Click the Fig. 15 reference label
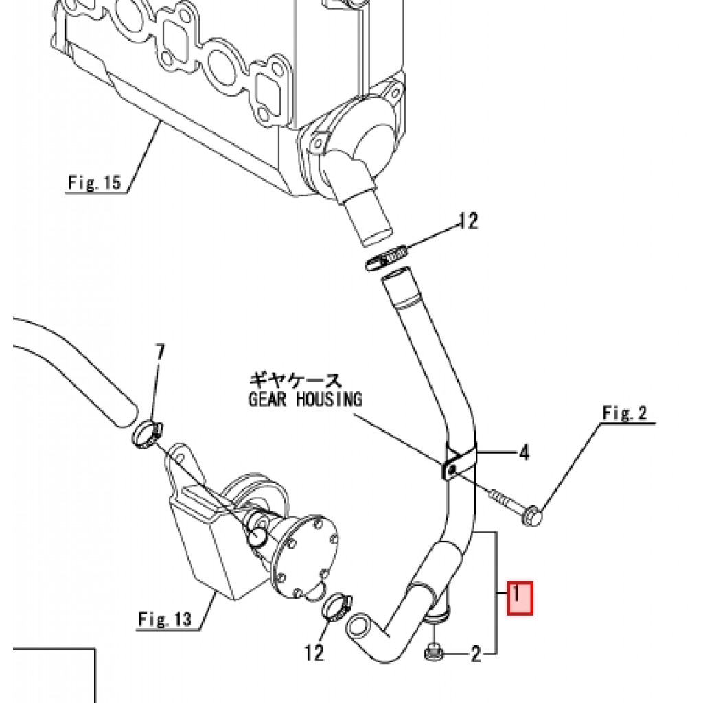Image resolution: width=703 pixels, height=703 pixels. click(x=95, y=183)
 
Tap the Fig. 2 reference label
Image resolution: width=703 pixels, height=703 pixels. click(x=625, y=413)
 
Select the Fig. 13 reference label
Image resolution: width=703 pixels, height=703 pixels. click(x=165, y=619)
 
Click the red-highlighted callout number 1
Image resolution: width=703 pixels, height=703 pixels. click(x=520, y=598)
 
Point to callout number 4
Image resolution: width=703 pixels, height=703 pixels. click(x=524, y=453)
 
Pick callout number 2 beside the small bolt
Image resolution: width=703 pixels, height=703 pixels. click(x=475, y=654)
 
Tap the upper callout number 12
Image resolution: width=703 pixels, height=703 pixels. click(x=468, y=220)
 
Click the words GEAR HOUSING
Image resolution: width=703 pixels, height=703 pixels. click(x=306, y=399)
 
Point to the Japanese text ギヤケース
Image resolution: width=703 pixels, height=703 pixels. click(x=295, y=381)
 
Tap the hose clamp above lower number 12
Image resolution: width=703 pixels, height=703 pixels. click(x=337, y=606)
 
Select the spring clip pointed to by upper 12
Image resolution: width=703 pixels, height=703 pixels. click(x=387, y=259)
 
